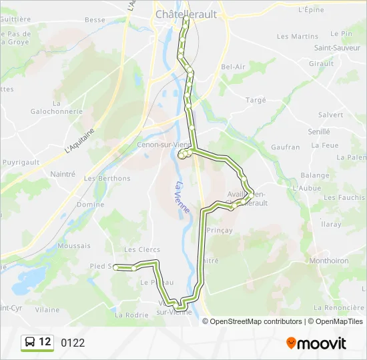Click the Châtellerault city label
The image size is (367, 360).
pos(181,13)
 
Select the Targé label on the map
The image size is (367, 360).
pos(256,100)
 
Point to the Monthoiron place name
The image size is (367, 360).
pos(330,261)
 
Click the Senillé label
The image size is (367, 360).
pos(319,132)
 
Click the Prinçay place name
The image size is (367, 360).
pos(219,230)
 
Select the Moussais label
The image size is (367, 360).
pos(74,246)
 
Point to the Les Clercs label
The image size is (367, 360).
pos(142,249)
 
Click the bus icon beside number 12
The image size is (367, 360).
pos(31,343)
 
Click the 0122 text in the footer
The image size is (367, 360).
pos(73,343)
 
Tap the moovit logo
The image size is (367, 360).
pos(316,343)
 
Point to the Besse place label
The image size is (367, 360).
pos(95,20)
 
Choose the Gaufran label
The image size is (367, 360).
pos(286,147)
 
